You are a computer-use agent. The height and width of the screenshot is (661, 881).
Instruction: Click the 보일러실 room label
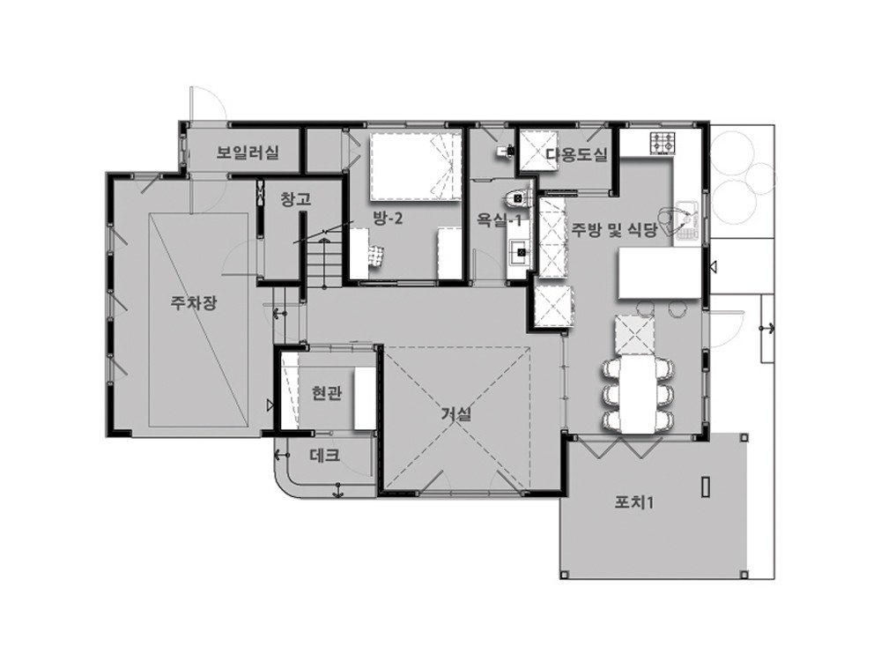point(248,152)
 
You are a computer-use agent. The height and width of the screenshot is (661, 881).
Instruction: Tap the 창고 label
point(295,199)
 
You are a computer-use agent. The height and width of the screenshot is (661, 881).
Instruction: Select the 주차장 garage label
point(194,303)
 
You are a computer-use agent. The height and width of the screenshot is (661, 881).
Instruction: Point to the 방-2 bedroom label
point(388,218)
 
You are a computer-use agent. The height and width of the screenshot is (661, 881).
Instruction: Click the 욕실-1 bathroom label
point(499,219)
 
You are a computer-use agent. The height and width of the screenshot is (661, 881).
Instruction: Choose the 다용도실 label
point(577,154)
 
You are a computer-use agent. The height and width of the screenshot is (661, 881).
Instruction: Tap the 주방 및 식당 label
point(614,230)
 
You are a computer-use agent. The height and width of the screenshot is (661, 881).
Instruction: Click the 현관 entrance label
point(327,393)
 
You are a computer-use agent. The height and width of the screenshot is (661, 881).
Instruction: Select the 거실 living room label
point(455,414)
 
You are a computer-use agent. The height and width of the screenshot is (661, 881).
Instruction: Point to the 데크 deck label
point(325,455)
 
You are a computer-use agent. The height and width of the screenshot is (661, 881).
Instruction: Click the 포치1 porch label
point(633,502)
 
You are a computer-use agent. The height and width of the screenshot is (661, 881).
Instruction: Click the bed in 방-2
point(416,165)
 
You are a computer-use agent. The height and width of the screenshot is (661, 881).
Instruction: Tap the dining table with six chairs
point(638,395)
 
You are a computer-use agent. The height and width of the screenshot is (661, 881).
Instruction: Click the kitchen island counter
point(660,275)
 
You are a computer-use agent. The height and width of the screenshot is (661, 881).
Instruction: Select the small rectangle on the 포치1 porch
point(706,486)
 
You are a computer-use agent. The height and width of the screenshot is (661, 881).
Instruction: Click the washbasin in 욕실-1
point(519,252)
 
